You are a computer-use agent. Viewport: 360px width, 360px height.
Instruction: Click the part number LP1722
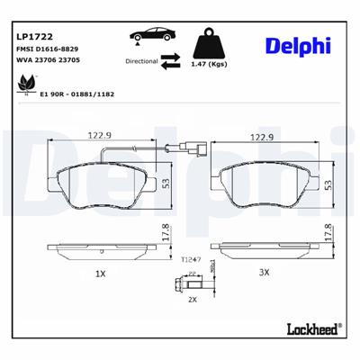32,37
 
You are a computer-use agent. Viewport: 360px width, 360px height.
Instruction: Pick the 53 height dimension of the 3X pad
328,183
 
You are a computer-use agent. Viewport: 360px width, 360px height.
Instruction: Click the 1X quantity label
101,272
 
